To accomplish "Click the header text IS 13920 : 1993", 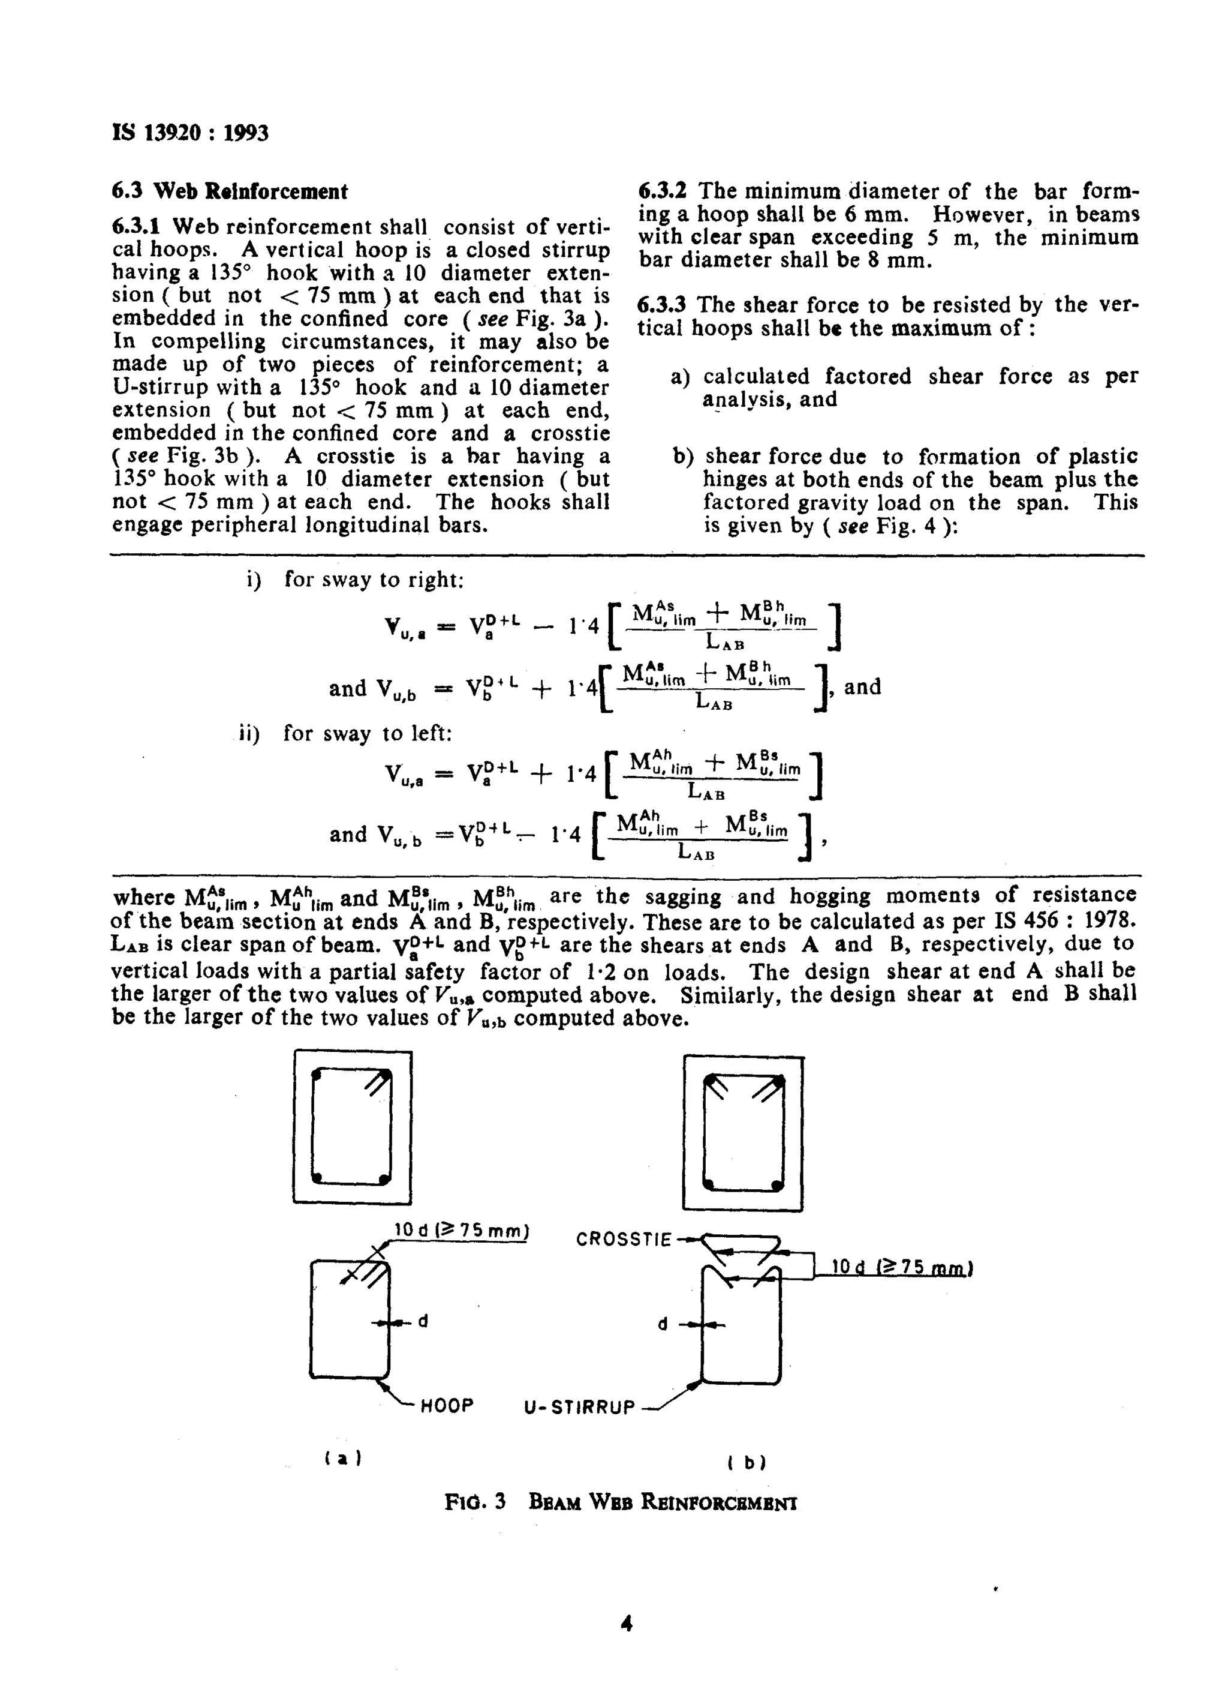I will click(190, 133).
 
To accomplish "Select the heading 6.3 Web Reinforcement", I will click(230, 192).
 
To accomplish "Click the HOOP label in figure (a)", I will click(447, 1406).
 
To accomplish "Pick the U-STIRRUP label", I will click(580, 1408).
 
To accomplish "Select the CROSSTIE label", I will click(624, 1240).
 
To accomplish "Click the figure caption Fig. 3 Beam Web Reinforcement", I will click(621, 1502).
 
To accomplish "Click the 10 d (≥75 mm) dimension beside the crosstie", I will click(902, 1267).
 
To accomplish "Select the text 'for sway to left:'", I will click(367, 734).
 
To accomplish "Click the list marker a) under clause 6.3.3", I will click(680, 377).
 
